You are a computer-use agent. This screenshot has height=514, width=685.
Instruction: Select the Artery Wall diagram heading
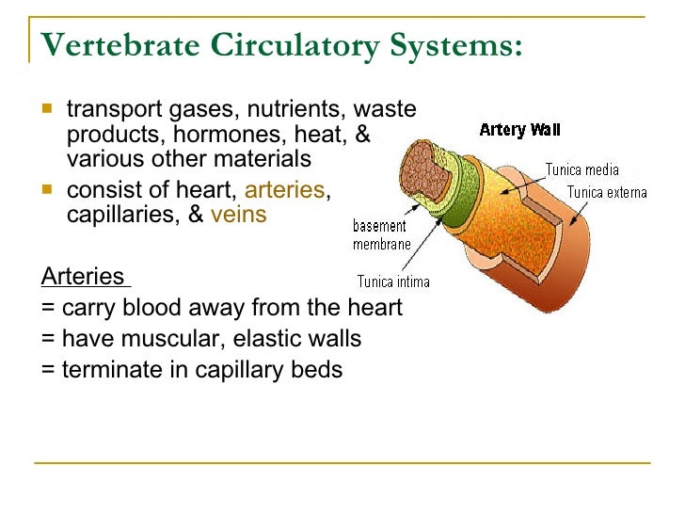(x=519, y=130)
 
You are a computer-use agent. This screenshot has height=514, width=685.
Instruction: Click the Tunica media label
(x=582, y=170)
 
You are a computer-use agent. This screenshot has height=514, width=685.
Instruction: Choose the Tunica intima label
(x=392, y=281)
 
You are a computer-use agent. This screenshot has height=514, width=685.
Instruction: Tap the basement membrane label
(x=381, y=235)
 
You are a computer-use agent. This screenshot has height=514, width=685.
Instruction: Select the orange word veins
(x=239, y=215)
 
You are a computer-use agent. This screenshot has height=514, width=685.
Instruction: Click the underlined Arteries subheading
(x=84, y=277)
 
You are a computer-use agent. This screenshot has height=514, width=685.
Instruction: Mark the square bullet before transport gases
(x=48, y=109)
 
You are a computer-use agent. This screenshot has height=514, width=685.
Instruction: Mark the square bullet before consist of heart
(x=48, y=189)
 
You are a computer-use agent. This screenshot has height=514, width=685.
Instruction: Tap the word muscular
(x=164, y=339)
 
